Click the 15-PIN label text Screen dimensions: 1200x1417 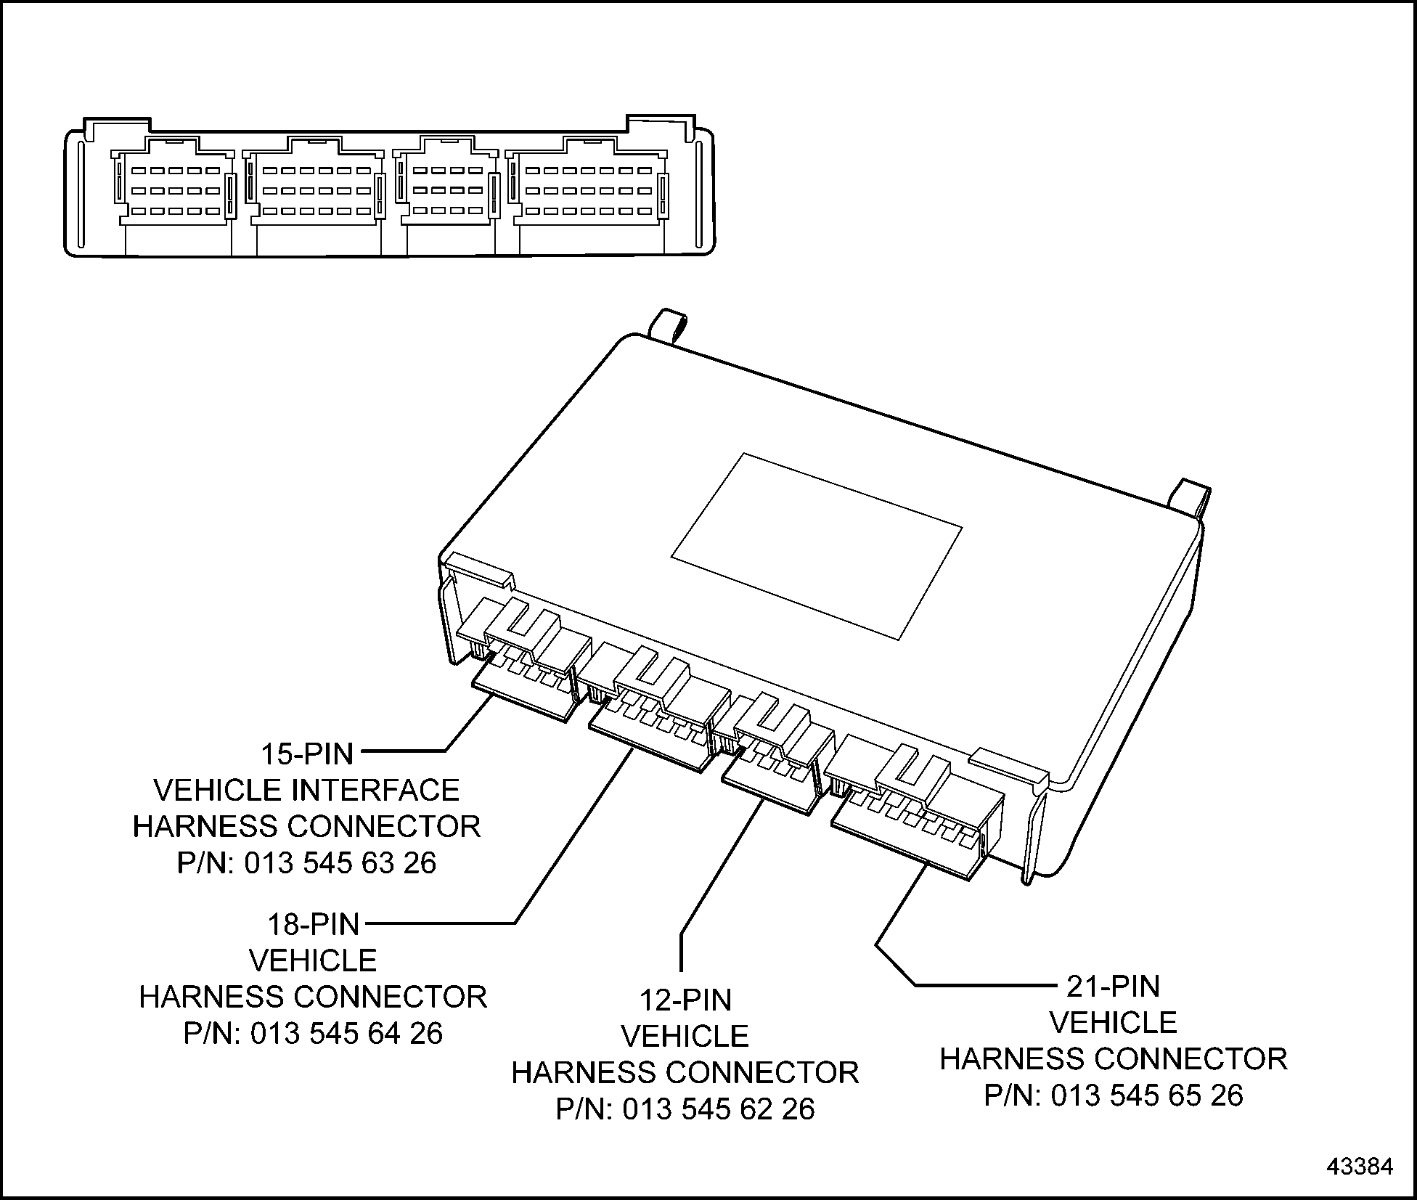point(307,754)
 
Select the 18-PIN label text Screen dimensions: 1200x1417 point(314,924)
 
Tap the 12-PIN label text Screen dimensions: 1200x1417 point(685,1000)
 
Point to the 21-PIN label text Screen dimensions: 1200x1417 point(1113,986)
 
